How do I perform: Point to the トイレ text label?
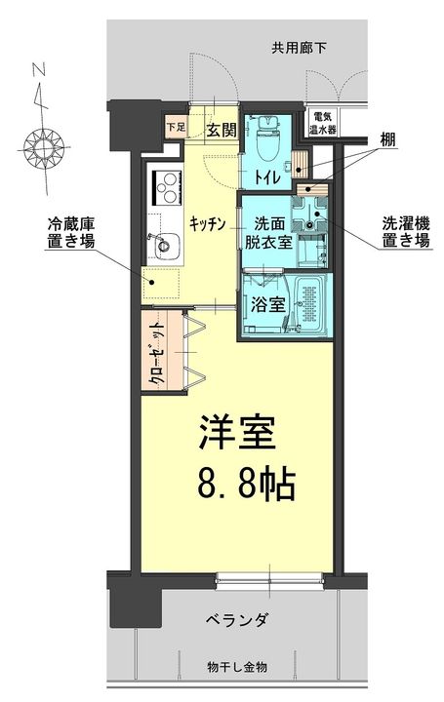point(267,177)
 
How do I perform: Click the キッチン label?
point(208,223)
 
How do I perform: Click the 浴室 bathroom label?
point(266,303)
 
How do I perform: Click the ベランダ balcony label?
point(236,621)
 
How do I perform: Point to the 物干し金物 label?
point(236,667)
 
